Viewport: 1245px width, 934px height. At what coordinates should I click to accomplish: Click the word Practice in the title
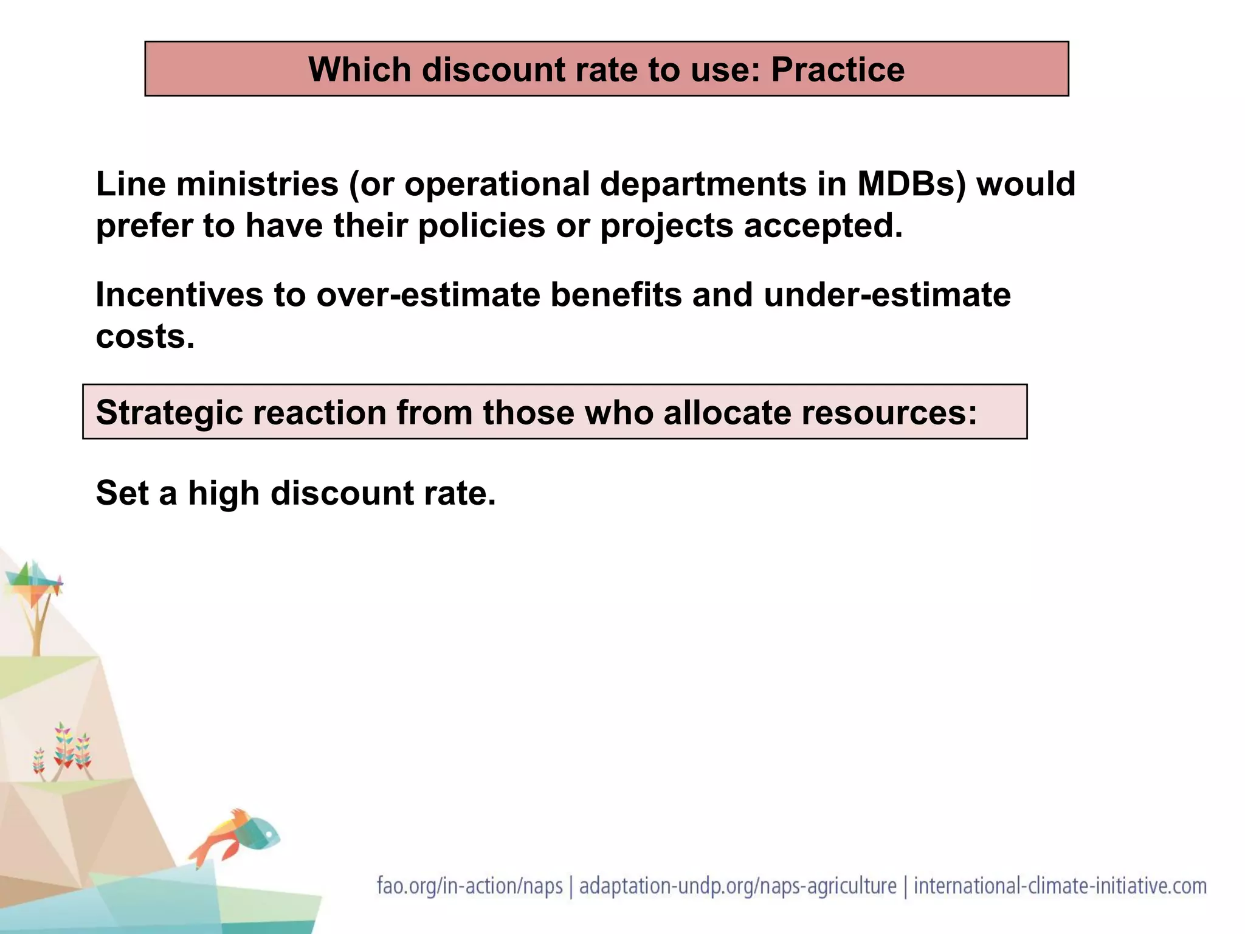coord(838,70)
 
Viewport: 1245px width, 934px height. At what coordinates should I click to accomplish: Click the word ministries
coord(257,184)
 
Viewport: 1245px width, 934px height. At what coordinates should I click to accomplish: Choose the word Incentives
coord(179,295)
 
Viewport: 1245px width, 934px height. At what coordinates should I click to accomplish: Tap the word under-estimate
coord(887,295)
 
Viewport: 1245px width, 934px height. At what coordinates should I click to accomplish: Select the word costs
coord(145,336)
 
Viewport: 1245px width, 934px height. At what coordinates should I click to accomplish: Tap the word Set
coord(122,493)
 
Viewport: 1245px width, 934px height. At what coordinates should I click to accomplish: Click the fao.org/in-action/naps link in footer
coord(470,886)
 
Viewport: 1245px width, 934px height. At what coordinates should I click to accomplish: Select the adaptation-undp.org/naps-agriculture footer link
coord(737,886)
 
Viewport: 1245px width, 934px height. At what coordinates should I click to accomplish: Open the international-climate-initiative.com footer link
coord(1060,886)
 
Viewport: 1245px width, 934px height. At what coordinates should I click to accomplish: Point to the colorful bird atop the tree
coord(33,579)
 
